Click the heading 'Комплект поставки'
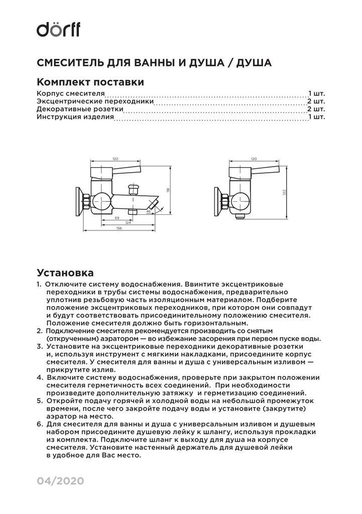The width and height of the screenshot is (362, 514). point(90,82)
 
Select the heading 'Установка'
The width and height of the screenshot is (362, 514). point(65,273)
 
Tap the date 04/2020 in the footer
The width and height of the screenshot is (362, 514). point(60,481)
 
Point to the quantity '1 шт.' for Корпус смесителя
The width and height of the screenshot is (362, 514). point(316,93)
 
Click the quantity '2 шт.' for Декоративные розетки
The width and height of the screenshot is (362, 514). point(316,109)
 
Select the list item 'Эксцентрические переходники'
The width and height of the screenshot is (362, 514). point(95,101)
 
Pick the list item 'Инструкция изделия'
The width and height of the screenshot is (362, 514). point(75,117)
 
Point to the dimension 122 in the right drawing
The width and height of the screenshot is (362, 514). point(284,192)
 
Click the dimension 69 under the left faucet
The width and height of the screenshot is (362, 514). point(116,218)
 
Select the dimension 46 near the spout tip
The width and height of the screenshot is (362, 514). point(149,212)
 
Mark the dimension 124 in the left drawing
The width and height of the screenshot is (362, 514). point(128,223)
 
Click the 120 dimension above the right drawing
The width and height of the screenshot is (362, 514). point(254,158)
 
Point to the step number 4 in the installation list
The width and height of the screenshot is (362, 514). point(39,377)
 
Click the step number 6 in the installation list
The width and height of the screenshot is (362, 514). point(39,424)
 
